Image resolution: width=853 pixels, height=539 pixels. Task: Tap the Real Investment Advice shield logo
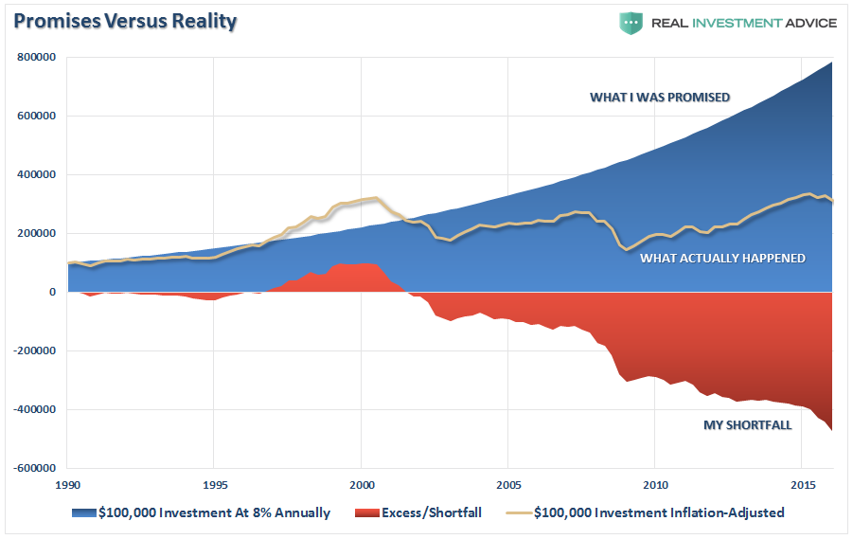pos(631,23)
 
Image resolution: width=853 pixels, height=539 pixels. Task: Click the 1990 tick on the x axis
pos(67,483)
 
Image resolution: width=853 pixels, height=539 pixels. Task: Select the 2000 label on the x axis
pos(361,483)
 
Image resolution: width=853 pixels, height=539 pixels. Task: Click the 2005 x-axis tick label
pos(507,483)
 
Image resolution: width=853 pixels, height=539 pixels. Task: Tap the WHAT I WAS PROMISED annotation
pos(660,97)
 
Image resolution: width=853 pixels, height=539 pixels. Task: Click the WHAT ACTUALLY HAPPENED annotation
pos(722,258)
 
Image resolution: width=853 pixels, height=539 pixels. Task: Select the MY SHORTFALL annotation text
pos(747,425)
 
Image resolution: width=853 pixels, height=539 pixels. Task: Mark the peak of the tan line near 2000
pos(376,198)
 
